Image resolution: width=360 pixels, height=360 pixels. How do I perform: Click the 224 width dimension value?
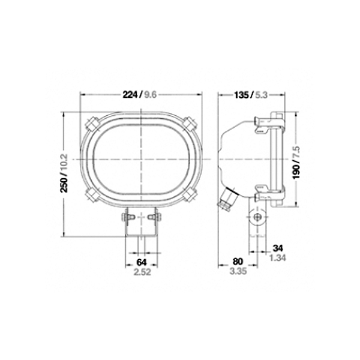[x=130, y=95]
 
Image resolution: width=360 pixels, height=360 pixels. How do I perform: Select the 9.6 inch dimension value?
[x=151, y=95]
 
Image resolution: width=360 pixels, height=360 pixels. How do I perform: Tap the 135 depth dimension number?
[x=241, y=95]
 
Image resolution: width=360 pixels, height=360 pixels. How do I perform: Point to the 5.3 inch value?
[x=262, y=95]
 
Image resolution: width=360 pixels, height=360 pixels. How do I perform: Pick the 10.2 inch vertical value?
[x=64, y=163]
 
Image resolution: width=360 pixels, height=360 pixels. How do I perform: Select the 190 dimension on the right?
[x=296, y=172]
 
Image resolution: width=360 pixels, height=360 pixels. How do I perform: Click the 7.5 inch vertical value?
[x=296, y=152]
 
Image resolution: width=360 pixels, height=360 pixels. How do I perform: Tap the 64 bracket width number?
[x=142, y=262]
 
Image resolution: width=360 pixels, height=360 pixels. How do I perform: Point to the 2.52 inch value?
[x=143, y=272]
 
